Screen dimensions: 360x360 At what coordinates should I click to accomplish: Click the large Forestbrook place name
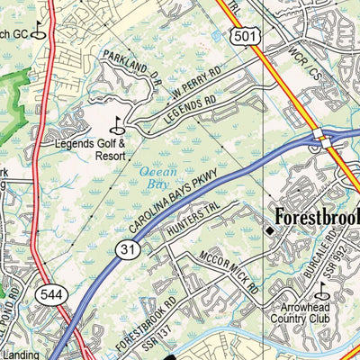(317, 218)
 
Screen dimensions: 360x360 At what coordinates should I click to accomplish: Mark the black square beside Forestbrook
(268, 234)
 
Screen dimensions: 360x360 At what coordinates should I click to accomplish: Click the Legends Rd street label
(188, 113)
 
